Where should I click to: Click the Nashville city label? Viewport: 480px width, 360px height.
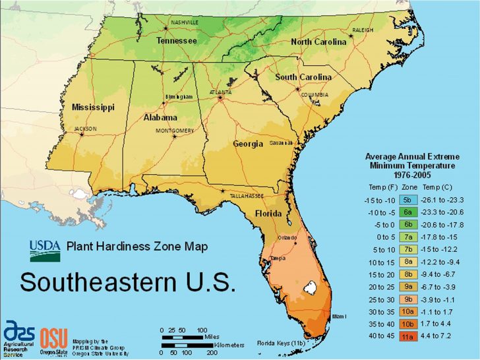coord(185,22)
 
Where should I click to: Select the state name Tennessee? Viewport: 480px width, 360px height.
coord(176,41)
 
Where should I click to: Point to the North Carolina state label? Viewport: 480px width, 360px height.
coord(318,42)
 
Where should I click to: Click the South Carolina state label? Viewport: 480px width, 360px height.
coord(303,77)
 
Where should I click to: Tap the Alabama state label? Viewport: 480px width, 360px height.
coord(160,117)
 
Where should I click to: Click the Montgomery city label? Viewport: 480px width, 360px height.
coord(175,131)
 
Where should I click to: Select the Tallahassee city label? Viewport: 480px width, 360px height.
coord(247,196)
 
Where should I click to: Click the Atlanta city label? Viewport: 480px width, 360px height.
coord(220,92)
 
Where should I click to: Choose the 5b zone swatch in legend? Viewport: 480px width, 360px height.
coord(407,200)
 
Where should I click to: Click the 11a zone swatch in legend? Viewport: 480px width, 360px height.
coord(407,336)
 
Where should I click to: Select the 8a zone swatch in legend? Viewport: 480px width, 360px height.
coord(407,262)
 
